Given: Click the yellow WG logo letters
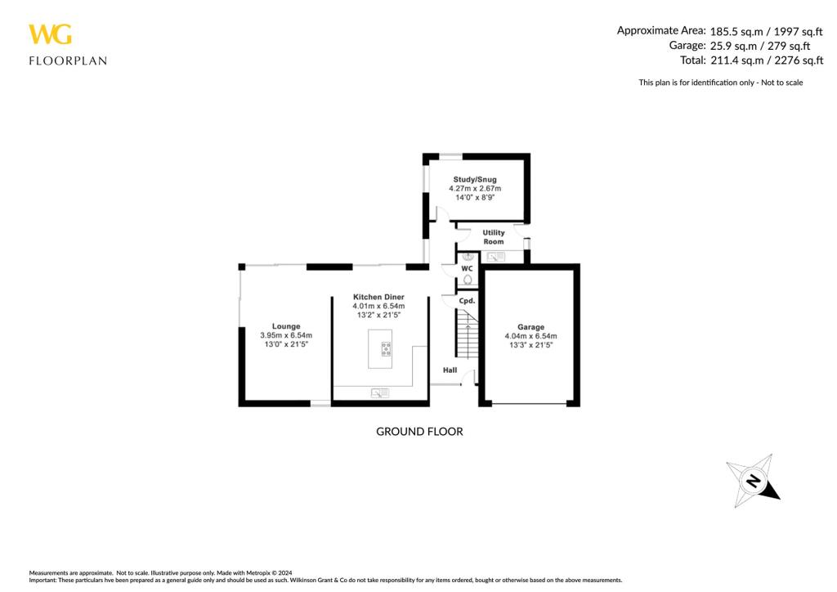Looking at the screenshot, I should pos(51,34).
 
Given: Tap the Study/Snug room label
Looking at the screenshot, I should pos(475,180).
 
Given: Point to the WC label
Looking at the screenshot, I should pos(467,268).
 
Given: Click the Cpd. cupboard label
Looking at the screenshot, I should pos(467,301).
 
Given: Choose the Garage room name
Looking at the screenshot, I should pos(530,326).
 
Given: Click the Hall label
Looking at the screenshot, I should pos(450,370).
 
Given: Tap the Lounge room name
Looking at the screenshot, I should pos(286,326).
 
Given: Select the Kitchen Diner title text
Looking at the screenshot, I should pos(378,297).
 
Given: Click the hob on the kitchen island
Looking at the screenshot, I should pos(385,349).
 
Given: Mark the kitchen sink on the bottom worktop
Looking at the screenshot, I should pos(380,393).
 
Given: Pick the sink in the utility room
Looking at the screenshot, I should pos(496,257).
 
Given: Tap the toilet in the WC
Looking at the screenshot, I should pos(467,280).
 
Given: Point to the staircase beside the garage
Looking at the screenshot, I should pos(465,335).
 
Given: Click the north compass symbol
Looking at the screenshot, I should pos(753,479).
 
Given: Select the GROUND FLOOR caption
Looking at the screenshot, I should pos(419,431).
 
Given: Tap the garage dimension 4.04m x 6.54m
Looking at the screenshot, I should pos(530,336).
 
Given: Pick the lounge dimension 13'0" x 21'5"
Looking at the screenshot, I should pos(286,345).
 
